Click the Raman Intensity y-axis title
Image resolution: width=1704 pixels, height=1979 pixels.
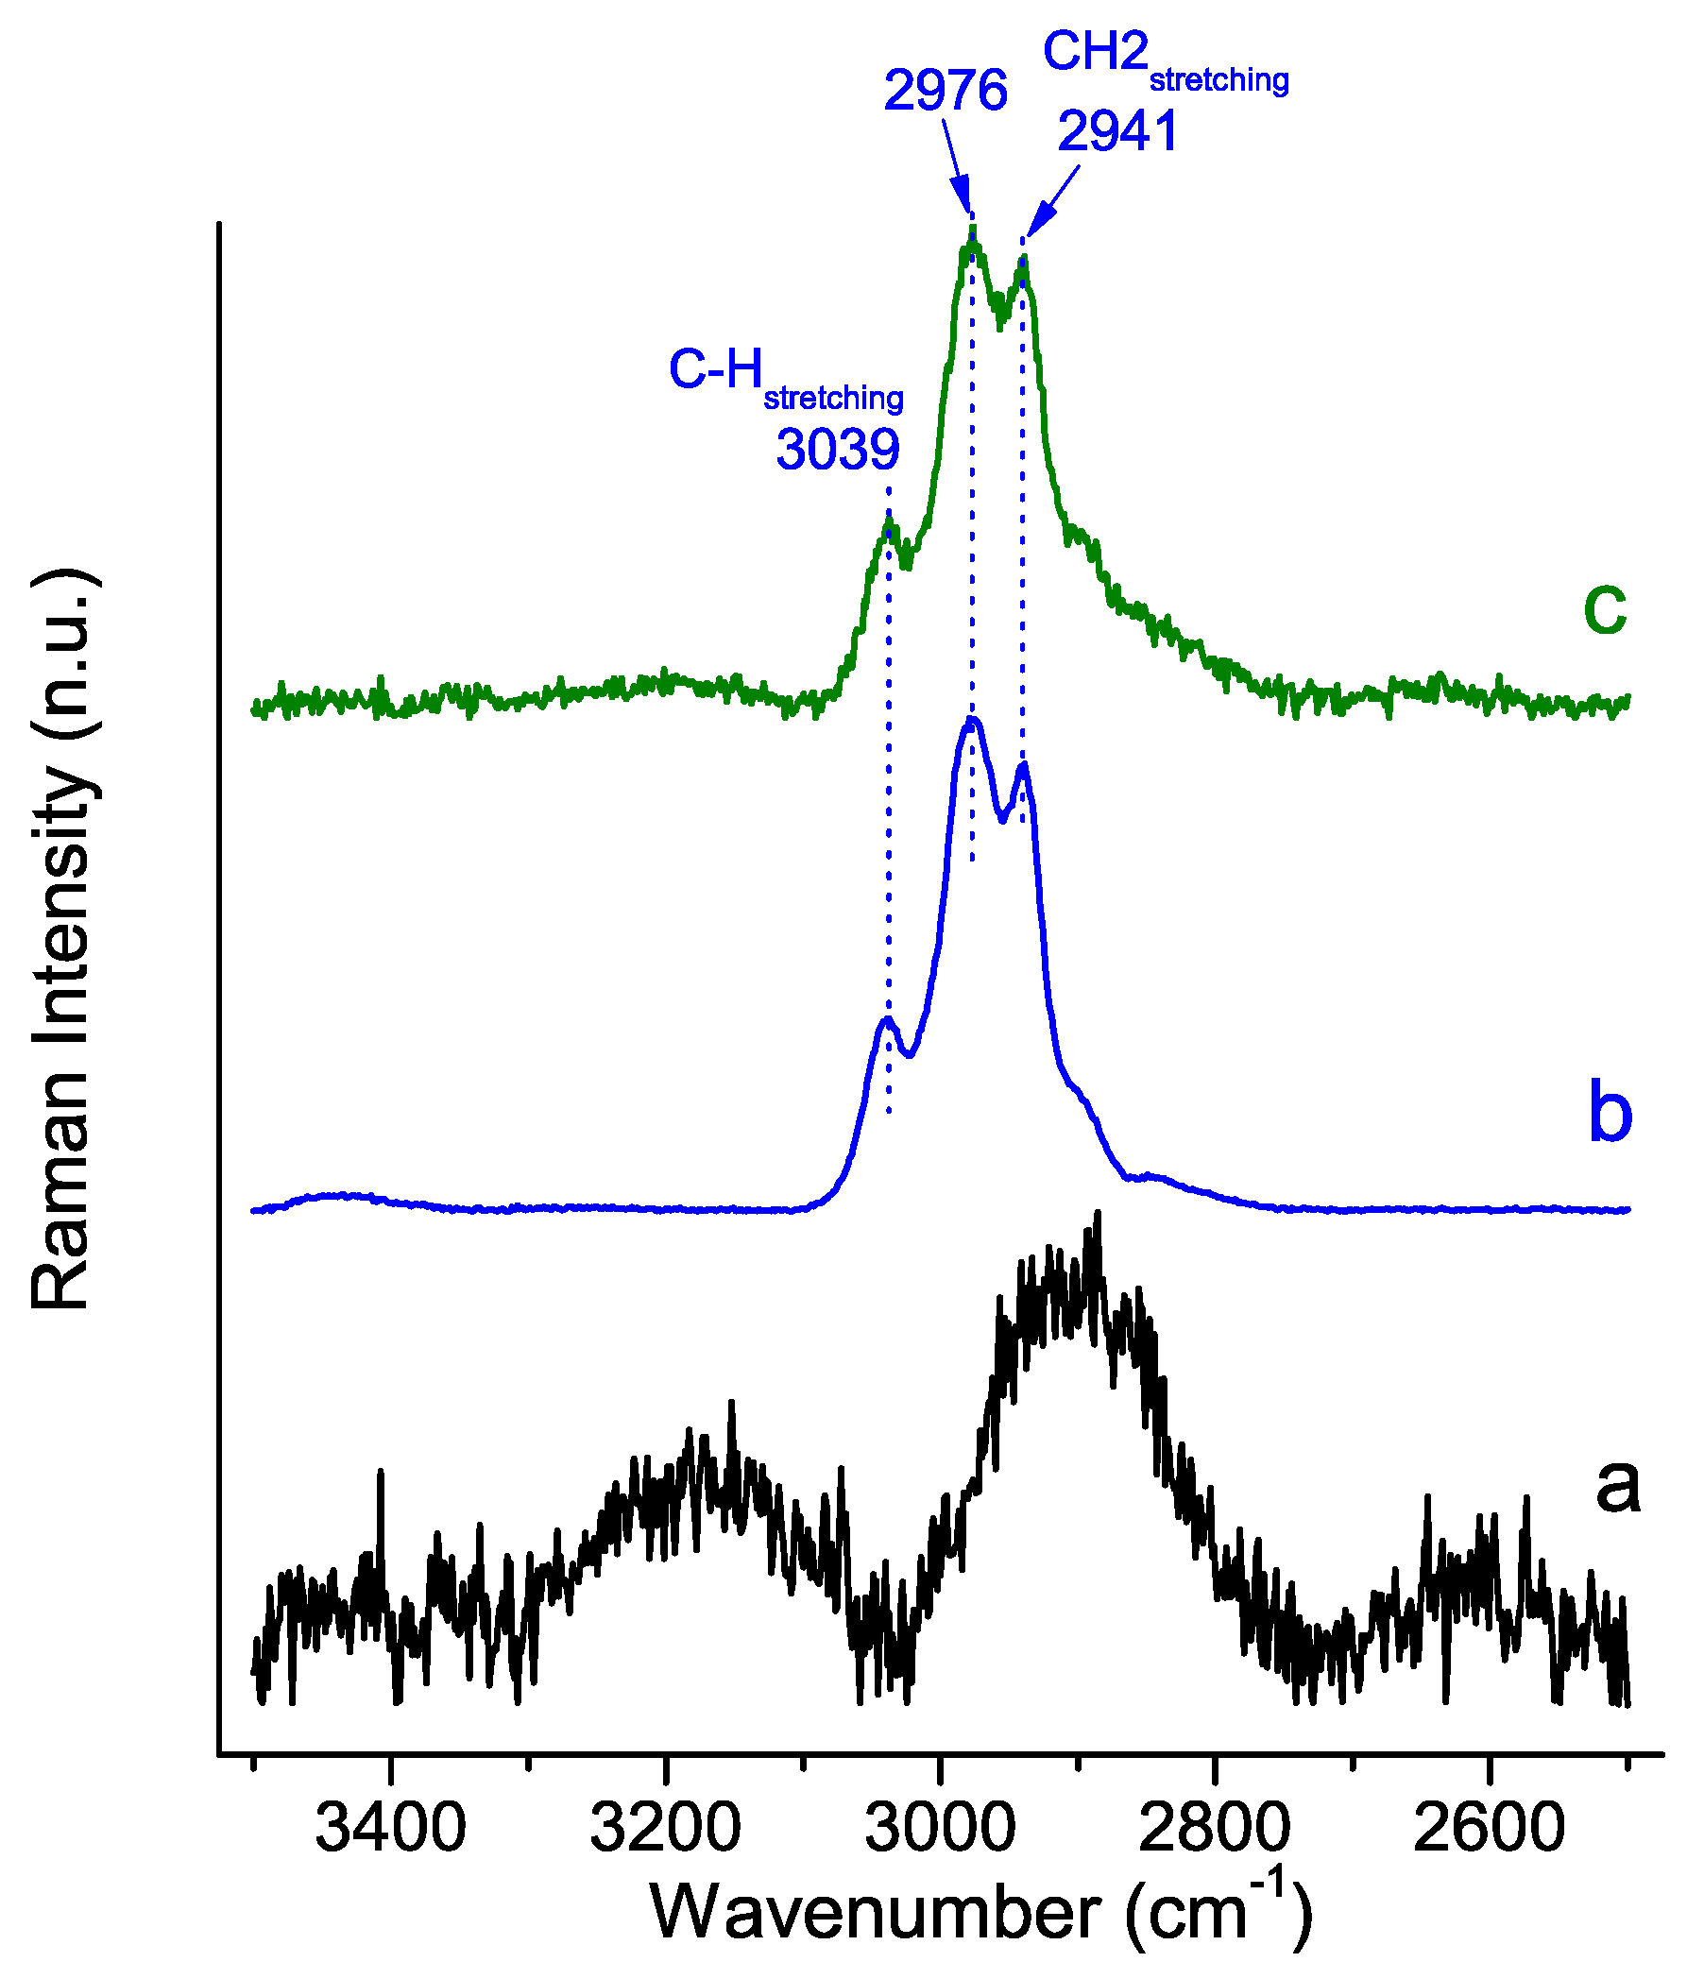(62, 940)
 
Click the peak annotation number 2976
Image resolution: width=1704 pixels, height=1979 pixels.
(945, 92)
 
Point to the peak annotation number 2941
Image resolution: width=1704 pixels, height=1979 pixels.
(1116, 131)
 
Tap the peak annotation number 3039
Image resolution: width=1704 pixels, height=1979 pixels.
(837, 449)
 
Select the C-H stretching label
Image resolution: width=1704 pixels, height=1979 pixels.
(784, 374)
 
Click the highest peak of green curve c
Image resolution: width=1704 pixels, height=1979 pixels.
(972, 230)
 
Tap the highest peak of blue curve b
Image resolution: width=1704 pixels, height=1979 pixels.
(971, 718)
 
